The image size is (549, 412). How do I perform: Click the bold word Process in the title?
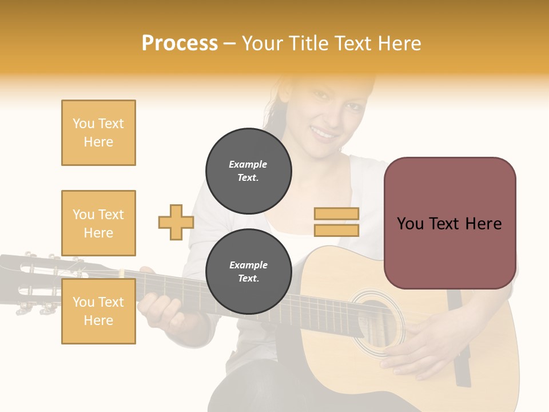pos(180,43)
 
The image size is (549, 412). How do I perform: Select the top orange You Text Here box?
pos(98,133)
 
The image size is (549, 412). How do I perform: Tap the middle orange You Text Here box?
pos(98,223)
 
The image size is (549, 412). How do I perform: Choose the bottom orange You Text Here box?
pos(98,311)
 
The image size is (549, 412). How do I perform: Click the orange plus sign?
pos(176,222)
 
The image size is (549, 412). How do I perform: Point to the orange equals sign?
pos(336,222)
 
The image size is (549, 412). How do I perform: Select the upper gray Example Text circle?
pos(248,171)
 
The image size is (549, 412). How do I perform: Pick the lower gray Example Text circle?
pos(248,272)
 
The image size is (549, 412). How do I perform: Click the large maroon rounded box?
pos(449,223)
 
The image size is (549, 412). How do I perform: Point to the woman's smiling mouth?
pos(325,135)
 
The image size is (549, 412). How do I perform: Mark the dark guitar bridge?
pos(461,338)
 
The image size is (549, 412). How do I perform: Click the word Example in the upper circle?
pos(248,164)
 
